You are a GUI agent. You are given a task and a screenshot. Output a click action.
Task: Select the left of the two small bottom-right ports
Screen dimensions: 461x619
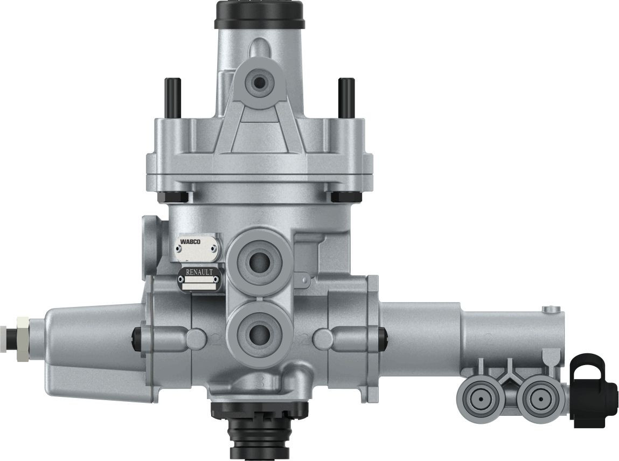[478, 400]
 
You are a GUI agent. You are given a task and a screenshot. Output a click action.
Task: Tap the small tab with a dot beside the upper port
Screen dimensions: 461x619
[305, 279]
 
